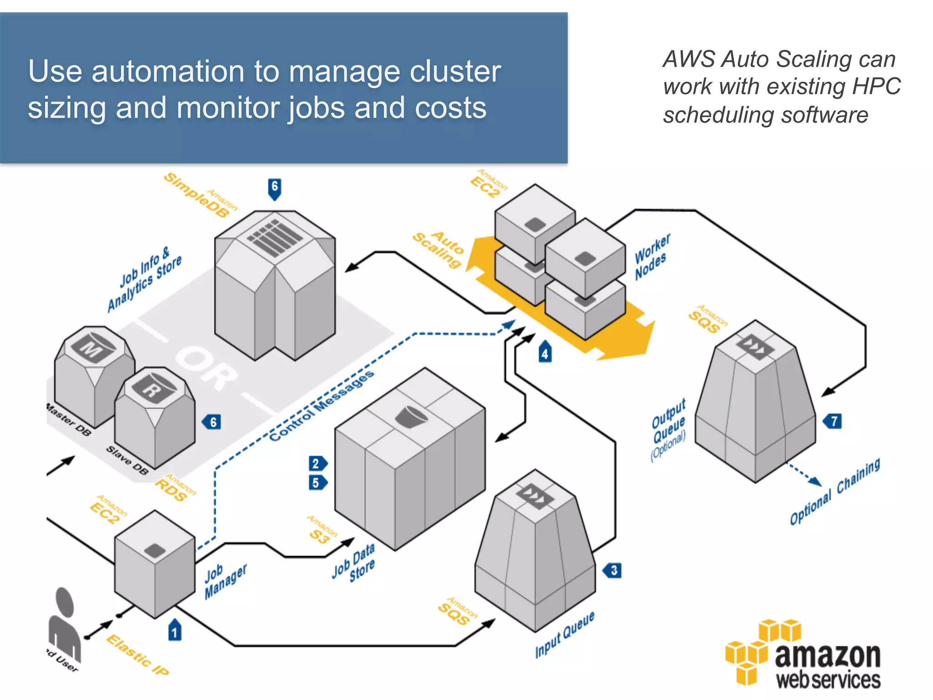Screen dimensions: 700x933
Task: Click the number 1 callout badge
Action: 175,631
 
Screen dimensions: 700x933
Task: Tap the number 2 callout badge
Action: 317,463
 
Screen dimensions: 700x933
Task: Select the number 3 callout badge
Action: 613,570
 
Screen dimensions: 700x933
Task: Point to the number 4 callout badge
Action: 545,352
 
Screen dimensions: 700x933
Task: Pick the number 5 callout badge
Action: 317,483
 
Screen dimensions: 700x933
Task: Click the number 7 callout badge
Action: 833,421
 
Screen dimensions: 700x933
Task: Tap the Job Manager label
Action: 225,581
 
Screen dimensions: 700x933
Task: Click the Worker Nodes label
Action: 652,257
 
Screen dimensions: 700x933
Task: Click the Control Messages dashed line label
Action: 322,405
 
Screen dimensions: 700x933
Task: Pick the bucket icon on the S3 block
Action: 411,416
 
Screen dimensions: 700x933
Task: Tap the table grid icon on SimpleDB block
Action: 275,237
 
